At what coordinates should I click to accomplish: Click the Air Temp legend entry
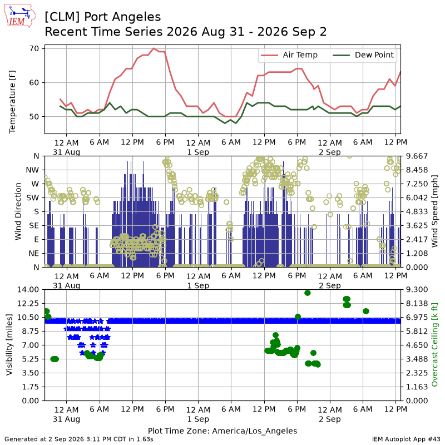click(x=289, y=55)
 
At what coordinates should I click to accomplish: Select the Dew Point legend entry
click(x=363, y=55)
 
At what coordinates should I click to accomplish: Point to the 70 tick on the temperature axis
click(x=34, y=48)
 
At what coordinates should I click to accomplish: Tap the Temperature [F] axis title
click(x=12, y=102)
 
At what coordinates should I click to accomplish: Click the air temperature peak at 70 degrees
click(x=154, y=48)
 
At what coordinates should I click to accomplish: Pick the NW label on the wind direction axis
click(x=32, y=170)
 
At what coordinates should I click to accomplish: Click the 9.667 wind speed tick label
click(x=417, y=156)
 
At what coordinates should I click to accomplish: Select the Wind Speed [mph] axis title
click(x=434, y=211)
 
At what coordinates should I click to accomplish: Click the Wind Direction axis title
click(x=18, y=211)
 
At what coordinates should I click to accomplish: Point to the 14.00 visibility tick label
click(x=28, y=289)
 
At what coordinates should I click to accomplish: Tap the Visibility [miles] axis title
click(x=9, y=344)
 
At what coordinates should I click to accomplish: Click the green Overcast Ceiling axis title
click(x=434, y=344)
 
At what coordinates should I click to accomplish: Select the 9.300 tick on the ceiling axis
click(x=417, y=289)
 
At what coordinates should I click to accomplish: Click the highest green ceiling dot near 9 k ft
click(x=308, y=293)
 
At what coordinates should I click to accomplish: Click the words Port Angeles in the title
click(x=122, y=17)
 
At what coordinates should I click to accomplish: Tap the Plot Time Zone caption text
click(x=222, y=431)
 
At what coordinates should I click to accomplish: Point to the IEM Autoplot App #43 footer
click(x=406, y=439)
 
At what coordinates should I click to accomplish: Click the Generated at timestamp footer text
click(x=79, y=439)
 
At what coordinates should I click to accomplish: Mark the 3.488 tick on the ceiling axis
click(x=417, y=359)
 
